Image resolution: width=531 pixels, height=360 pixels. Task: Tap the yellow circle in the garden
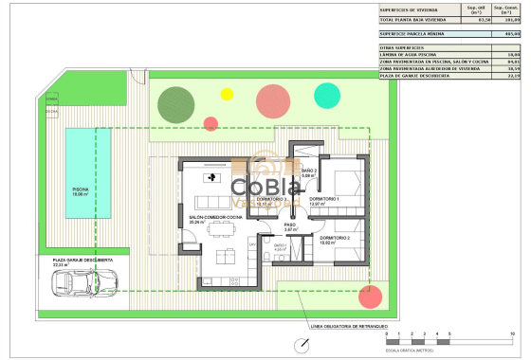227,93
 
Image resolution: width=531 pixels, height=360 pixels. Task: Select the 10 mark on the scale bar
513,335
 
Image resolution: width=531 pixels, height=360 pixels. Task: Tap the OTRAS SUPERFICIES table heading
403,46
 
